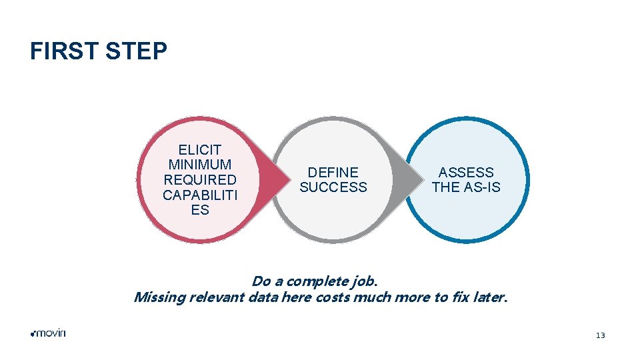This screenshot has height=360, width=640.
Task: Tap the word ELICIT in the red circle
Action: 199,149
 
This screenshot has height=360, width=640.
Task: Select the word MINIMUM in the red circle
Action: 199,165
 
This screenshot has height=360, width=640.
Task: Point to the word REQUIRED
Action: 199,180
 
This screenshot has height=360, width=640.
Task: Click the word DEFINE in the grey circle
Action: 333,173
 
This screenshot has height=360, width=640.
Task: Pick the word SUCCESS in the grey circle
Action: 333,187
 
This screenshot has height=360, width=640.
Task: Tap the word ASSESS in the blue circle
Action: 466,173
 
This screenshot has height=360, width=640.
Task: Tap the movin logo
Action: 48,333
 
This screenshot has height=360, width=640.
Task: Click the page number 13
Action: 600,335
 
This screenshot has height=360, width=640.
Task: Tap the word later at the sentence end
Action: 489,297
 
